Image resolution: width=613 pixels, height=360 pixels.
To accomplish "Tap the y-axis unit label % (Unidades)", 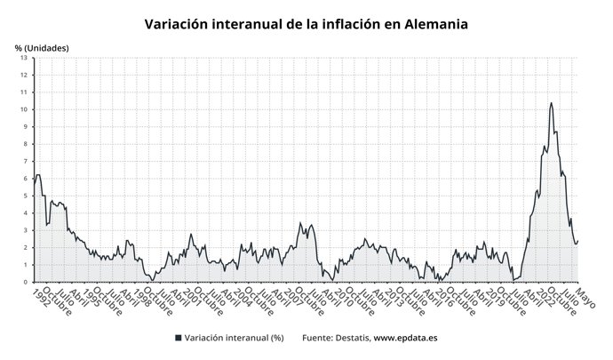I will tap(42, 47).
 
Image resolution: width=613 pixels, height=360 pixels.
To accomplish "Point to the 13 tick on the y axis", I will tap(26, 58).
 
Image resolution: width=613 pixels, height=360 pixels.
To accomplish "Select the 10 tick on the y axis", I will tap(26, 109).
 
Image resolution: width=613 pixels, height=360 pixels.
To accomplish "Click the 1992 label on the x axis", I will tap(41, 295).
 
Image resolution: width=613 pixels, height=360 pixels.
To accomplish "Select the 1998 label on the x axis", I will tap(140, 295).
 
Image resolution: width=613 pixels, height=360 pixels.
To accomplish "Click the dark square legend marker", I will tap(179, 339).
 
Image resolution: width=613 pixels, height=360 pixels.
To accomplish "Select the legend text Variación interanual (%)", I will tap(234, 339).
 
